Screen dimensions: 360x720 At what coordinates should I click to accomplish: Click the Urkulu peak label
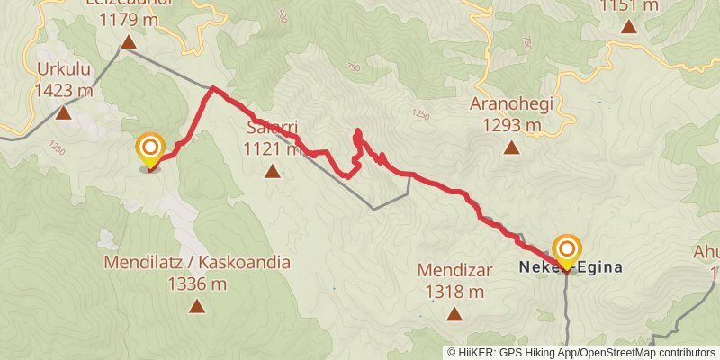[x=64, y=69]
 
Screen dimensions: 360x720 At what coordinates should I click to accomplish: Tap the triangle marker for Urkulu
[x=64, y=113]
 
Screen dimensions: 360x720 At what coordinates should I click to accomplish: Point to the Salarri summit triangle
[x=273, y=170]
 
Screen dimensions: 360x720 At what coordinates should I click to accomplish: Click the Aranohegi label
[x=511, y=103]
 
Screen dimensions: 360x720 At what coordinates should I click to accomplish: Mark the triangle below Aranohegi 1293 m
[x=511, y=148]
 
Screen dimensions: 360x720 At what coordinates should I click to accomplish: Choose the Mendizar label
[x=451, y=270]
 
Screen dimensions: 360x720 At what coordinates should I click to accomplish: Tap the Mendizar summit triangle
[x=454, y=314]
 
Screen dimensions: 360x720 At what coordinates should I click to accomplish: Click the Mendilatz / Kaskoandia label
[x=197, y=263]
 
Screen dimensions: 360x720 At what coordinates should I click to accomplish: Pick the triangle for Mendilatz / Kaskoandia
[x=197, y=306]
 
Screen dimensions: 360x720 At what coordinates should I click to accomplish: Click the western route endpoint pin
[x=149, y=150]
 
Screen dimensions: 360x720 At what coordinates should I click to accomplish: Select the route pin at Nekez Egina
[x=567, y=251]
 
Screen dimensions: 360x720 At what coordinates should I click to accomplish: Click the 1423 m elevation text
[x=64, y=90]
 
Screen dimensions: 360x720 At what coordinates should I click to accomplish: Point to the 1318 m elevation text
[x=451, y=292]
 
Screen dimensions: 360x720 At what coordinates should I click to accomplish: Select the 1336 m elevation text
[x=197, y=284]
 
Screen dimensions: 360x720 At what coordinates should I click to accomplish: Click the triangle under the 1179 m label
[x=129, y=42]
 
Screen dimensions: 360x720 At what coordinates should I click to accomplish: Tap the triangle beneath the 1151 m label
[x=629, y=25]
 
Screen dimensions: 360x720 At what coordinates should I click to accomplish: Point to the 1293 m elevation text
[x=511, y=125]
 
